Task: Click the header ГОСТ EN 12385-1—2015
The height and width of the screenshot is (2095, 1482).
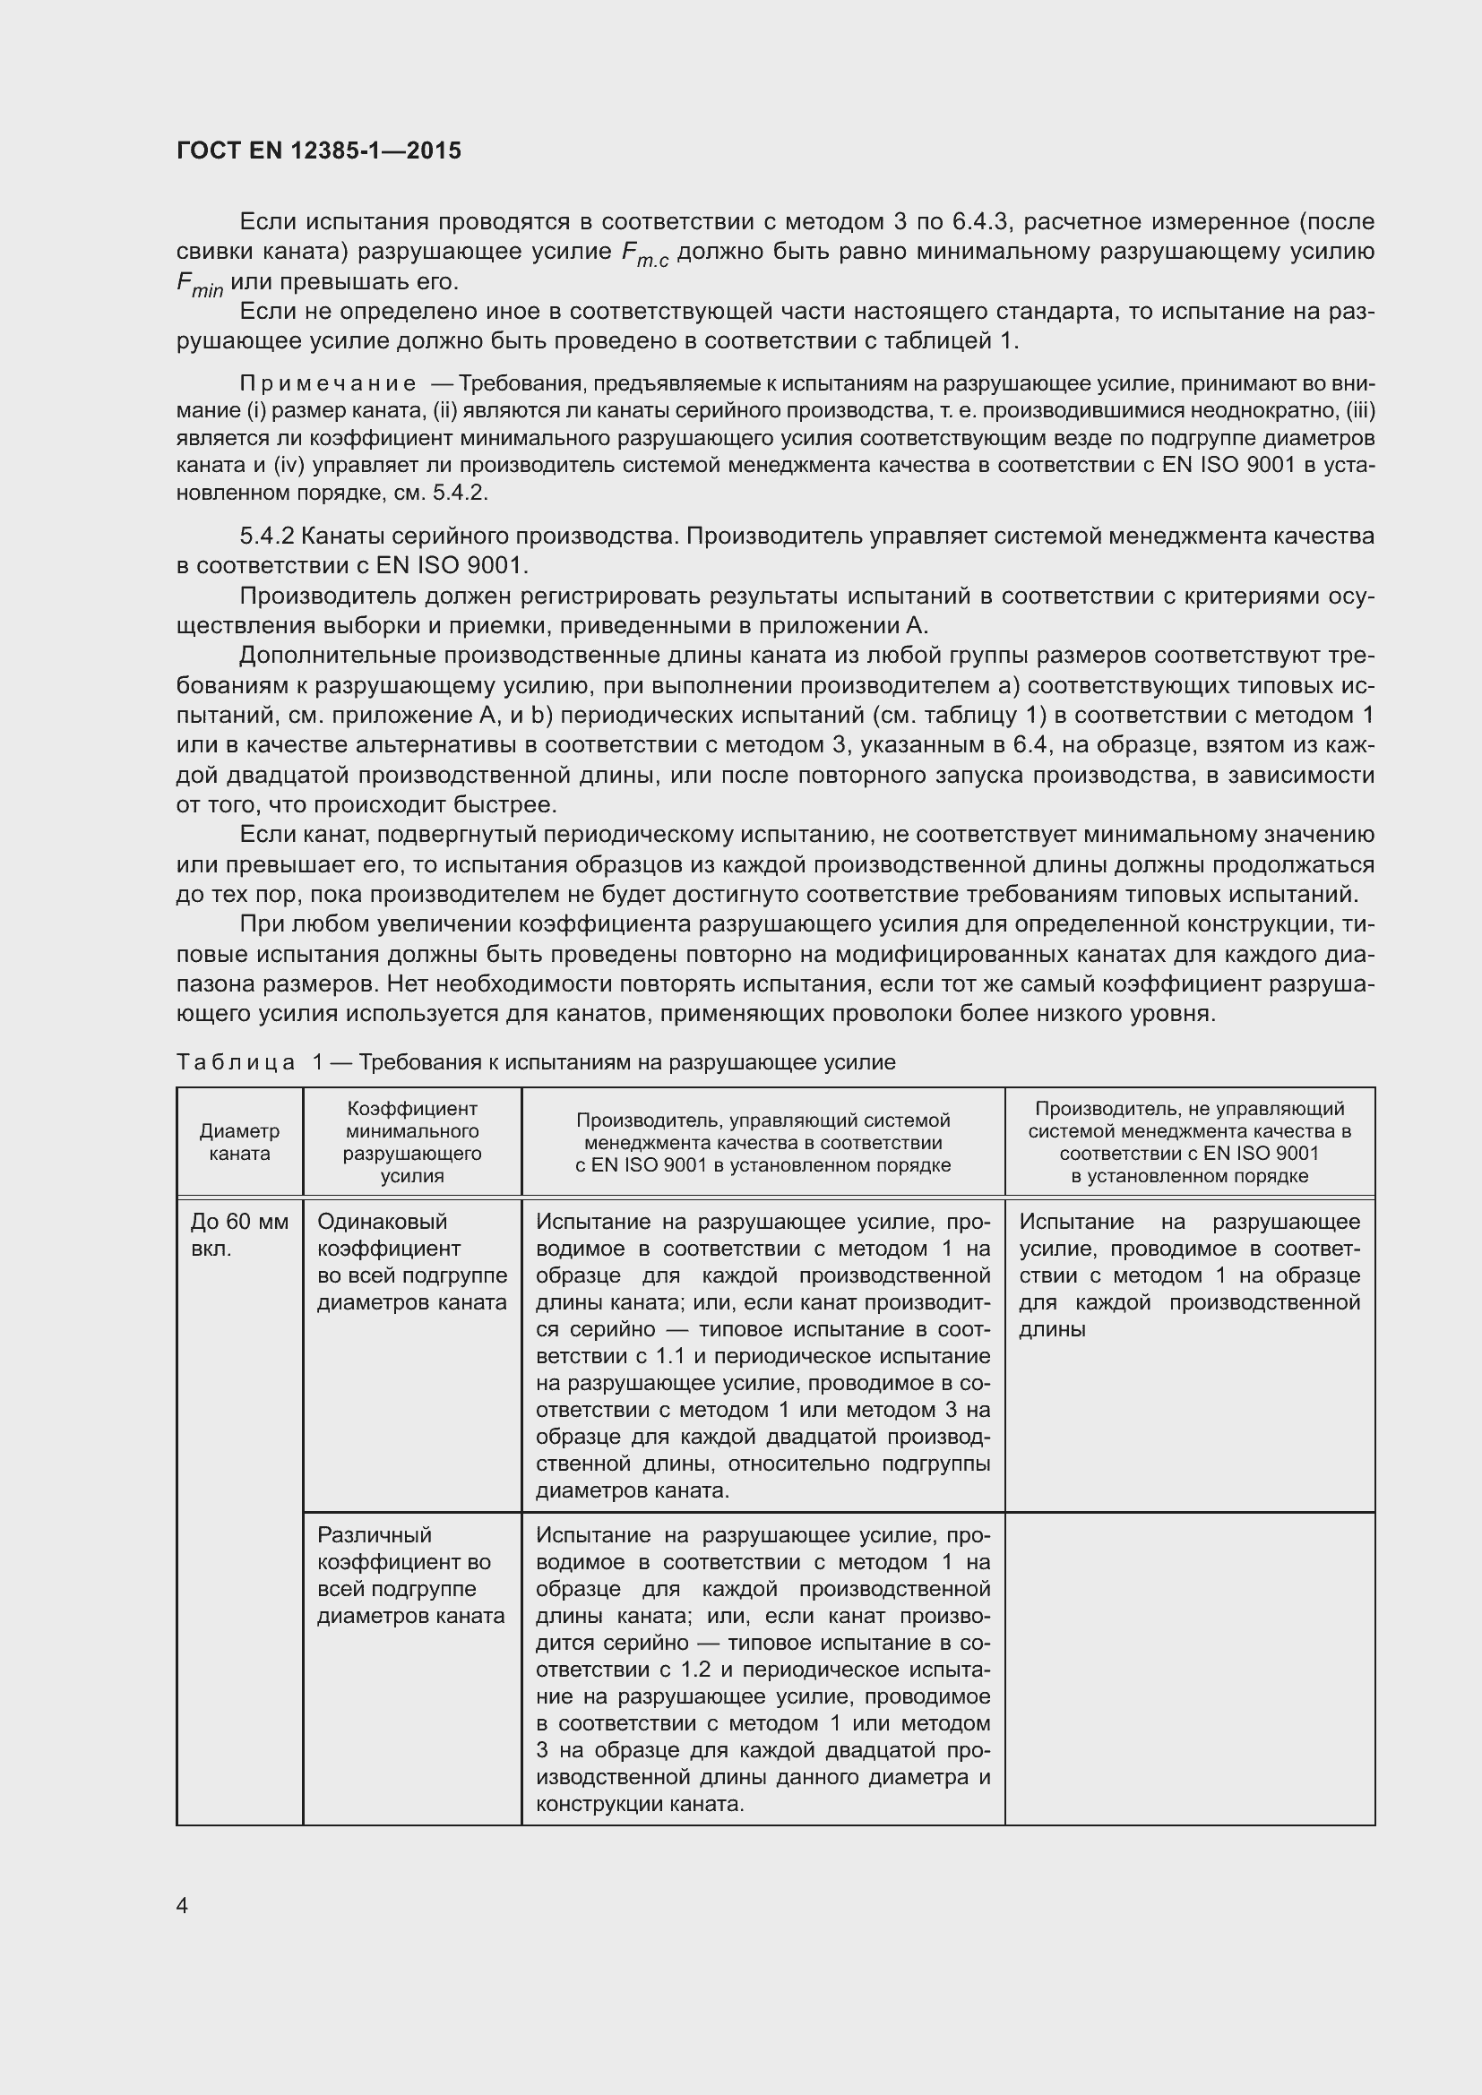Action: click(318, 150)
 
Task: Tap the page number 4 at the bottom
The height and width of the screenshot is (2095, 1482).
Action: click(183, 1905)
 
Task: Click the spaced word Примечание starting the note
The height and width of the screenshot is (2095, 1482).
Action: click(328, 383)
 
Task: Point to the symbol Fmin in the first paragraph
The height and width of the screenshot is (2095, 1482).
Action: click(199, 285)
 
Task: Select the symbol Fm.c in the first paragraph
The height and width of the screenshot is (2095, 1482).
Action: click(644, 253)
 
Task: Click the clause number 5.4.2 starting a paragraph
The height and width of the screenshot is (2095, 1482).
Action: click(266, 536)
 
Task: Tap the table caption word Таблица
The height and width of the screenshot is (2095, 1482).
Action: click(236, 1062)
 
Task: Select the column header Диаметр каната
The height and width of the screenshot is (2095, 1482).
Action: click(239, 1141)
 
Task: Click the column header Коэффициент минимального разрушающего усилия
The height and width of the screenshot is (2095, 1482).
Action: click(411, 1141)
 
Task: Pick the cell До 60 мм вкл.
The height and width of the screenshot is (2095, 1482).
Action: click(239, 1234)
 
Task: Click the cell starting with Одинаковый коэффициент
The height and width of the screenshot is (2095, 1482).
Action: click(411, 1261)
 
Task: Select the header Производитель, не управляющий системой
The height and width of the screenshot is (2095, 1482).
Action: click(1189, 1141)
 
